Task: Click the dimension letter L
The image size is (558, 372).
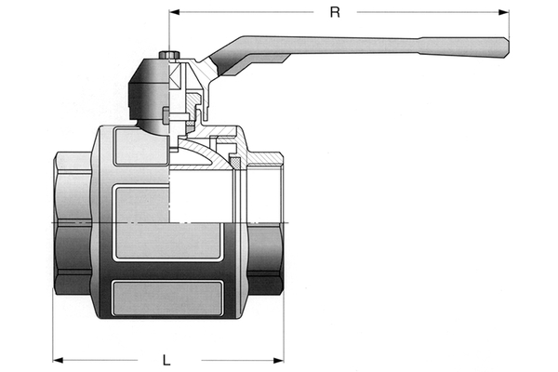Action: pos(166,358)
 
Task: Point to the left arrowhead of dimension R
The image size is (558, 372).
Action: pos(174,13)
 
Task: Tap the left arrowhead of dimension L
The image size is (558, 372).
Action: pos(58,358)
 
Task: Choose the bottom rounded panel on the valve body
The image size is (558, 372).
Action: pos(167,300)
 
